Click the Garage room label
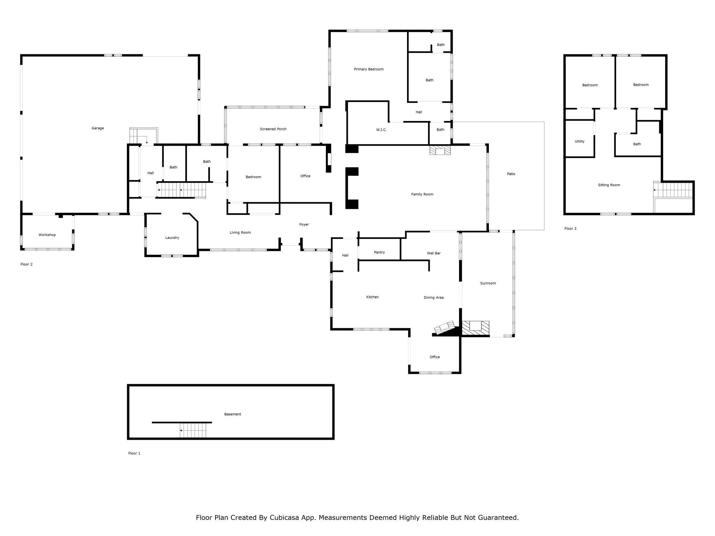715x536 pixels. (x=98, y=128)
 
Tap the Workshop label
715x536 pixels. (x=47, y=235)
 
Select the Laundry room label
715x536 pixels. (x=172, y=238)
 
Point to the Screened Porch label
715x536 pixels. (x=273, y=129)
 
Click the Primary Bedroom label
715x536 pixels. (x=368, y=69)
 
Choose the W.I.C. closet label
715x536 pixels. (x=381, y=130)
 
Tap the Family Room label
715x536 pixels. (x=422, y=194)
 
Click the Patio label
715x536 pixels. (x=511, y=174)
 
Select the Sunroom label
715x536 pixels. (x=488, y=283)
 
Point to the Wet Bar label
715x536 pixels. (x=433, y=253)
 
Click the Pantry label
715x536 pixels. (x=379, y=253)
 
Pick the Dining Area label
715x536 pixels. (x=433, y=298)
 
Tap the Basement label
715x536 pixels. (x=233, y=414)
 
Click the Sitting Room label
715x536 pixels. (x=609, y=185)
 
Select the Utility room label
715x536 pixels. (x=580, y=142)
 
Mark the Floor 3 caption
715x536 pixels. (x=570, y=229)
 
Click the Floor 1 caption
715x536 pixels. (x=134, y=454)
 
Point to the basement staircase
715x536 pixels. (x=193, y=431)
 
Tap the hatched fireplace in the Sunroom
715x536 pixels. (x=475, y=328)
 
